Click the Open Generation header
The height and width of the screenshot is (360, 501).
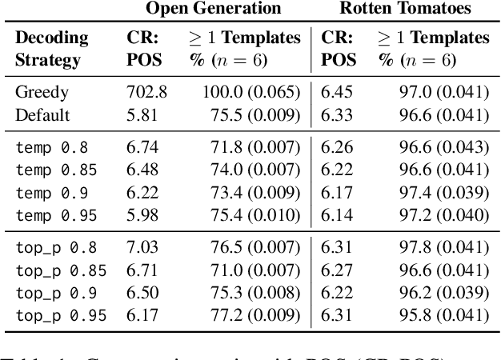point(213,10)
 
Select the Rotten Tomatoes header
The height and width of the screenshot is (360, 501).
point(405,10)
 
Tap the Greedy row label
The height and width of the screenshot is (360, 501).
point(42,93)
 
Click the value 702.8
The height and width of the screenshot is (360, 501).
point(146,93)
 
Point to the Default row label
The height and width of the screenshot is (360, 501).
point(42,115)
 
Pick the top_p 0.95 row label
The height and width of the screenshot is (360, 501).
point(60,316)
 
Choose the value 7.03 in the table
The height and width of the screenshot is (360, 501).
point(142,248)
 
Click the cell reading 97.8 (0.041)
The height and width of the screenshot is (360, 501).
point(443,248)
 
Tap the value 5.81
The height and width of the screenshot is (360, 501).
point(142,115)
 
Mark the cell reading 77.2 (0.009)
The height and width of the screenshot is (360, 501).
point(251,316)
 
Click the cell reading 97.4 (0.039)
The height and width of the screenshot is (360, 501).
point(443,193)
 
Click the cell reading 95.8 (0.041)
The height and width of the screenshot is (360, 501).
point(443,316)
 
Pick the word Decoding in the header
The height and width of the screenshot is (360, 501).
point(51,38)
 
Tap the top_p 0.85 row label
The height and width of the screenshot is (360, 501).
point(60,270)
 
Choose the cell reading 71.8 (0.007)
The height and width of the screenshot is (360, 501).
point(251,147)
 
